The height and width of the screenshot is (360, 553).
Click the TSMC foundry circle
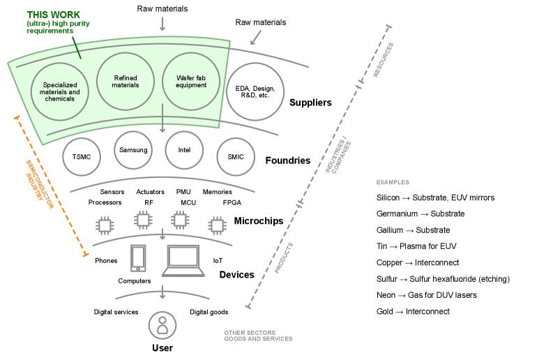pyautogui.click(x=82, y=157)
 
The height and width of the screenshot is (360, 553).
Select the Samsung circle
pyautogui.click(x=133, y=150)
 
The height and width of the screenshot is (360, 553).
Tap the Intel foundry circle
pyautogui.click(x=184, y=150)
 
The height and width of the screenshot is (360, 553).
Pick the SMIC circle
pyautogui.click(x=236, y=157)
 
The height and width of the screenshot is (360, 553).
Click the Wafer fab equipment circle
pyautogui.click(x=190, y=82)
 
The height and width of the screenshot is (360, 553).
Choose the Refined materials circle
pyautogui.click(x=126, y=82)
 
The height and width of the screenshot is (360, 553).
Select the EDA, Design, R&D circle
pyautogui.click(x=255, y=92)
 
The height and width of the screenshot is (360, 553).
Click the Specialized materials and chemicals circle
pyautogui.click(x=60, y=92)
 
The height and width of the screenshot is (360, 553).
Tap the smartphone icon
pyautogui.click(x=138, y=258)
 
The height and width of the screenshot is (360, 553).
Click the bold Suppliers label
pyautogui.click(x=310, y=103)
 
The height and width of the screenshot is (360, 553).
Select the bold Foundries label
pyautogui.click(x=287, y=160)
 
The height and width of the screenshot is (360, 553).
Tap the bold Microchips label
pyautogui.click(x=258, y=221)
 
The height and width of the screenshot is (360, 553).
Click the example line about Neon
pyautogui.click(x=426, y=295)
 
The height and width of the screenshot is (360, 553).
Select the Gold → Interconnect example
pyautogui.click(x=413, y=312)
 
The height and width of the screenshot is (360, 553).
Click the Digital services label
pyautogui.click(x=116, y=312)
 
